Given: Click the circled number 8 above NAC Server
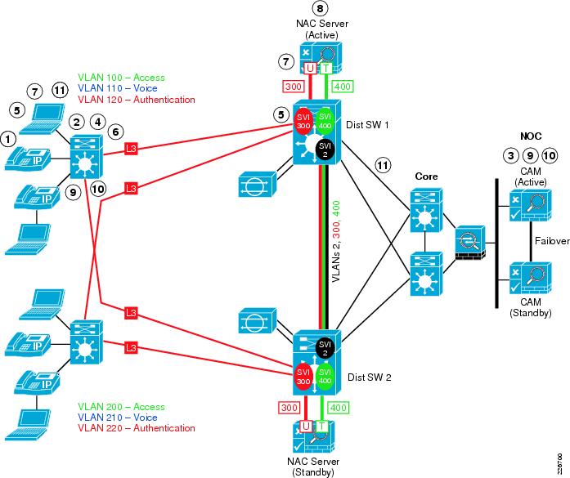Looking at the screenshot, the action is click(x=320, y=8).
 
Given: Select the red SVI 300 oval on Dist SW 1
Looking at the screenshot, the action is click(x=303, y=121).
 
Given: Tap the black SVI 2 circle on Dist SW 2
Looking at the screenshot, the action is click(x=325, y=348).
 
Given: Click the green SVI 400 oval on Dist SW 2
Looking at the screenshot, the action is click(x=325, y=377).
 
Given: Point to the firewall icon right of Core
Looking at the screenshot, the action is click(x=469, y=243).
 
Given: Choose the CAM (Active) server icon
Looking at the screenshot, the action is click(x=531, y=205).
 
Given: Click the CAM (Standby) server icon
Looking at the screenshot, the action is click(x=531, y=278).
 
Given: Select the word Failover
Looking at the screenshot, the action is click(x=552, y=241).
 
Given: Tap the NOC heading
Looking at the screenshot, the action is click(x=531, y=136).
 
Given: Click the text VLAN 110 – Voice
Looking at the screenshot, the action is click(x=118, y=88).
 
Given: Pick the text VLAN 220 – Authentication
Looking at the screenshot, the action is click(x=137, y=428).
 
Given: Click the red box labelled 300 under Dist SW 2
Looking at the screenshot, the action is click(x=289, y=408).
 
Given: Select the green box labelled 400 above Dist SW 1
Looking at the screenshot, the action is click(x=343, y=87).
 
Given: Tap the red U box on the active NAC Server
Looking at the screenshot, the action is click(x=310, y=68).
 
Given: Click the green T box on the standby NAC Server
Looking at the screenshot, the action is click(x=321, y=426).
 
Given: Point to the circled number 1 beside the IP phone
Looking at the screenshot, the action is click(x=9, y=139).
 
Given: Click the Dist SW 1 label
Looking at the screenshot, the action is click(x=367, y=125).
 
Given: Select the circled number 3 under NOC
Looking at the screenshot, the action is click(x=511, y=155).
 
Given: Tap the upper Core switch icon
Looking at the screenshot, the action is click(x=426, y=210).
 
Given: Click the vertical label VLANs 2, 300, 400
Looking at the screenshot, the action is click(x=336, y=242).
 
